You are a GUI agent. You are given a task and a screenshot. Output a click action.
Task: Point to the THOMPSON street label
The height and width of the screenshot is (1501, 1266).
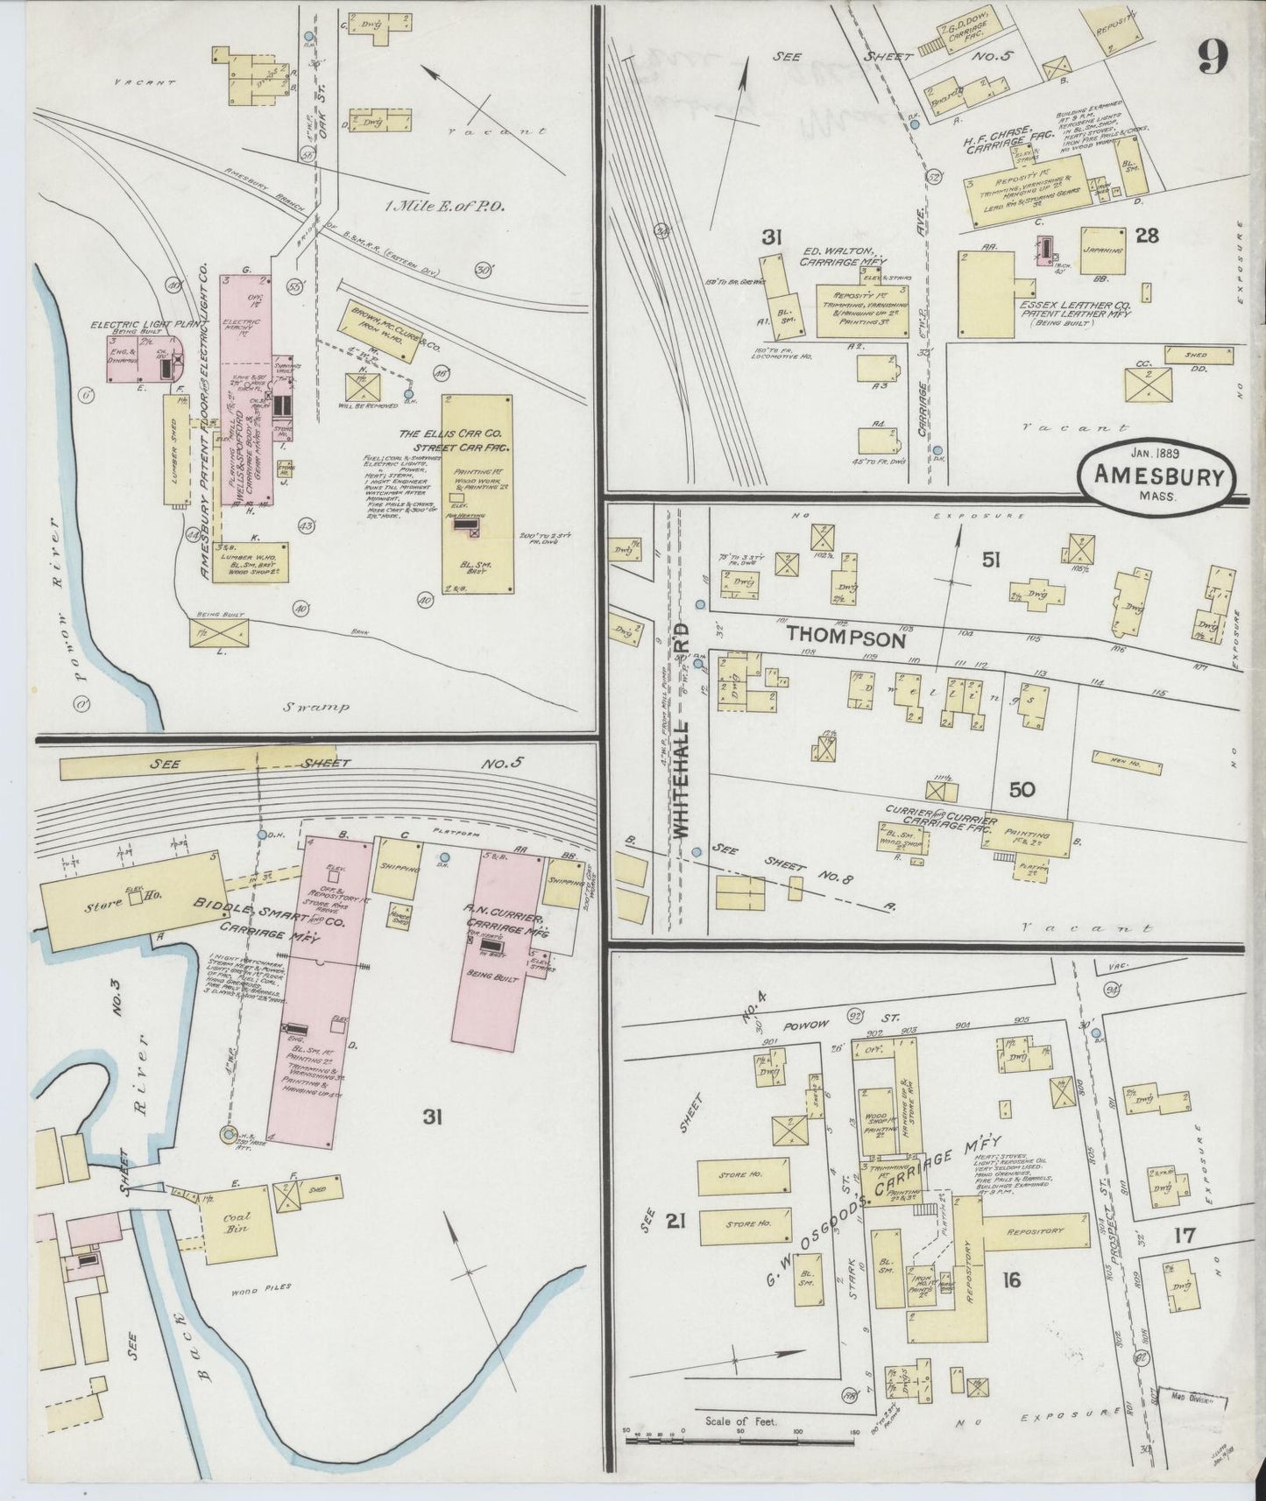[845, 638]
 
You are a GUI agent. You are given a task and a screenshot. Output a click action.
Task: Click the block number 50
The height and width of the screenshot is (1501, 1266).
[1022, 789]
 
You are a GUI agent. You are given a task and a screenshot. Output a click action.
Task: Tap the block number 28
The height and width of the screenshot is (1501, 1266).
[1147, 234]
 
